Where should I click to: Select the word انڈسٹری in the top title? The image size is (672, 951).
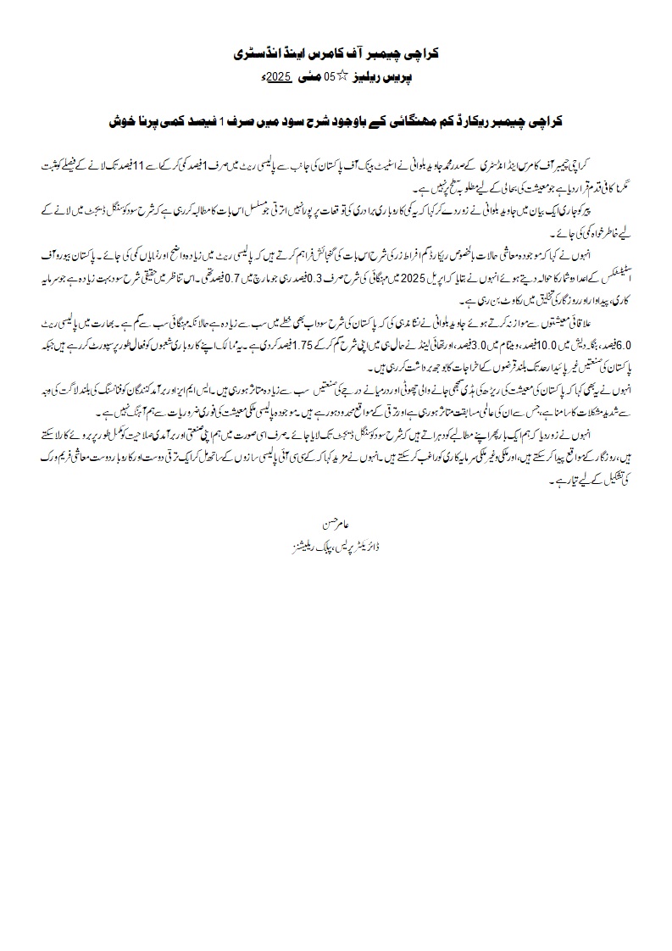258,53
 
